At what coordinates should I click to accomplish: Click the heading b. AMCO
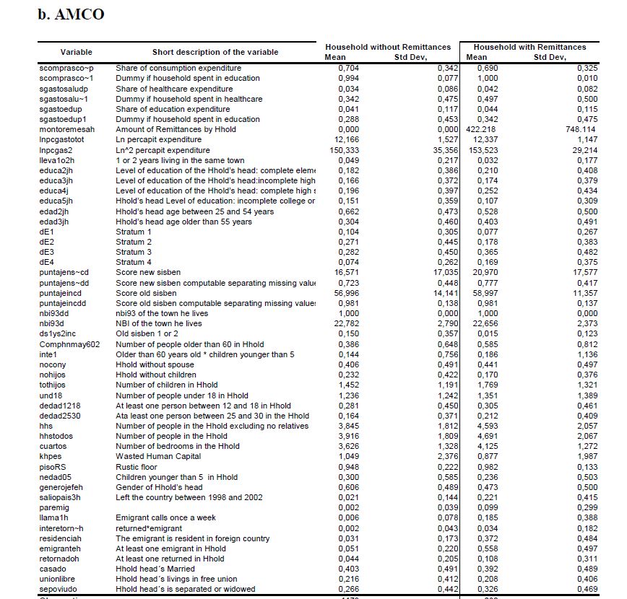click(x=71, y=15)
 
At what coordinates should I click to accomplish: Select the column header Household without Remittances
click(x=388, y=47)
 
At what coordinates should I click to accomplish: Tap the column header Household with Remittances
click(x=530, y=47)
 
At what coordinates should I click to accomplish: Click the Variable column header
click(x=76, y=52)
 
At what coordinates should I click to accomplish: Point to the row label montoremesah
click(x=67, y=129)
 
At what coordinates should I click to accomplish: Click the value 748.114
click(x=573, y=129)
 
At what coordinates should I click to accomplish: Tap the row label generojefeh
click(x=64, y=487)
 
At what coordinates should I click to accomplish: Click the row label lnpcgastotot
click(x=62, y=139)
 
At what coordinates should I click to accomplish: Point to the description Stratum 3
click(x=134, y=252)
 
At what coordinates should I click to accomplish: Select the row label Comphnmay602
click(x=69, y=344)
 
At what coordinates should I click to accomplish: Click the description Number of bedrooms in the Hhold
click(x=178, y=447)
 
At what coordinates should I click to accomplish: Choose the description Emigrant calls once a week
click(x=165, y=518)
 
